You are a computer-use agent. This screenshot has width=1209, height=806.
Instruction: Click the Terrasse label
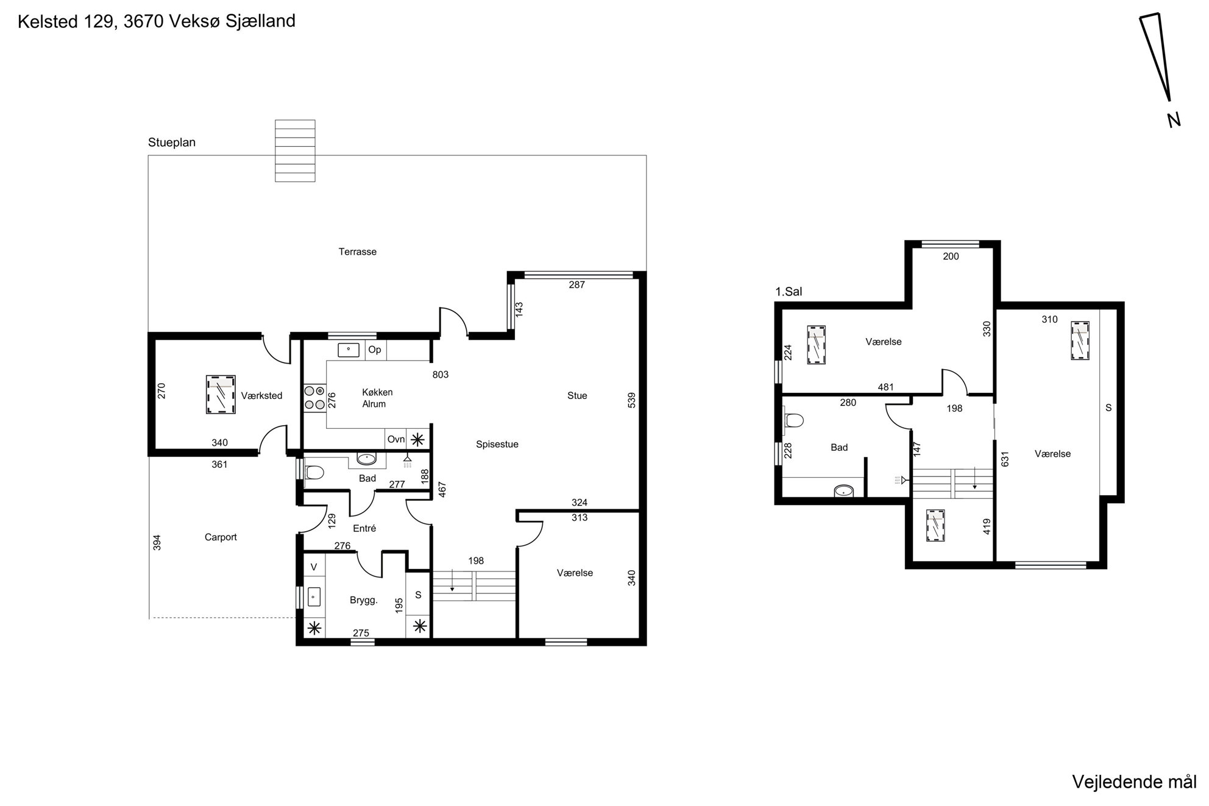(x=357, y=252)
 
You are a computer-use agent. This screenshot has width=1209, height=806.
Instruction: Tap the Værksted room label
(x=261, y=396)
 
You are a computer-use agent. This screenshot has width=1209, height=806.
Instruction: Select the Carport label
(x=221, y=537)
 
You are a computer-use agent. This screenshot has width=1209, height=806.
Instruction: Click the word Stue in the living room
(x=577, y=396)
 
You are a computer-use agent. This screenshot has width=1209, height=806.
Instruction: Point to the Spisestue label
(x=497, y=445)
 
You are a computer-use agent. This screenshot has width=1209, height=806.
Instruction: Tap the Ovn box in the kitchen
(x=396, y=439)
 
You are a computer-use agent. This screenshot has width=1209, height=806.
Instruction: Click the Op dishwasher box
(x=375, y=350)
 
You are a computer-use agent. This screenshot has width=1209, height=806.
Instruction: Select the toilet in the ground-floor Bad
(x=314, y=473)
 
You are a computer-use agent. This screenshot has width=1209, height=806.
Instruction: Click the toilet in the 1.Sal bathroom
(x=794, y=420)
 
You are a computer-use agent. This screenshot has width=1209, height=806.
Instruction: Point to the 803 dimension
(x=441, y=375)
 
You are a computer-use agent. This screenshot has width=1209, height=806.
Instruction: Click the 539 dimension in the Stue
(x=632, y=400)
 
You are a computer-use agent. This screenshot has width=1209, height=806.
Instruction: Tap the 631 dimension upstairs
(x=1005, y=459)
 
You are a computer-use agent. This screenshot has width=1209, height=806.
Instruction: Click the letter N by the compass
(x=1174, y=120)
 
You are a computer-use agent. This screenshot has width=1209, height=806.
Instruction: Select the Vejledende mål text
(x=1134, y=782)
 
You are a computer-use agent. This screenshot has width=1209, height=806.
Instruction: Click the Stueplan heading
(x=172, y=143)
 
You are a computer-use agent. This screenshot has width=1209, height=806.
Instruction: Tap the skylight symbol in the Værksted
(x=221, y=395)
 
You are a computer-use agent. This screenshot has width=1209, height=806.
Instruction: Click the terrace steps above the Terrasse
(x=295, y=151)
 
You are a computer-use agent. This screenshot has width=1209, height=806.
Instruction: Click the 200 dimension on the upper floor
(x=951, y=256)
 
